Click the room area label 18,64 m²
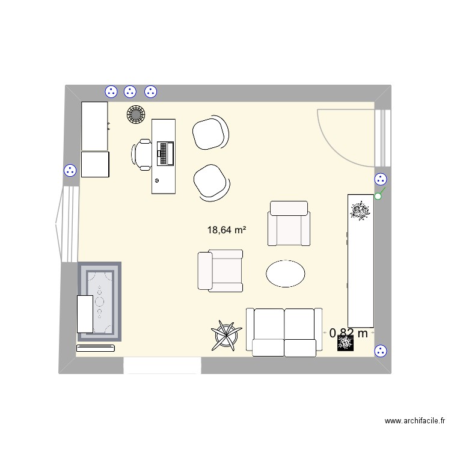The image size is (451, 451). [x=227, y=229]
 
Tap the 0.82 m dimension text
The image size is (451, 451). [x=349, y=333]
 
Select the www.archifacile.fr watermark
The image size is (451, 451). [x=415, y=422]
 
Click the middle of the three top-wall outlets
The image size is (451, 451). [x=130, y=92]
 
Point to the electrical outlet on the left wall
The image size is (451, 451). [x=70, y=170]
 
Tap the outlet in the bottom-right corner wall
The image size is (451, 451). [x=380, y=352]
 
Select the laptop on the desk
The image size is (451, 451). [x=165, y=153]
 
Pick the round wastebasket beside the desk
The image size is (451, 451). [x=137, y=114]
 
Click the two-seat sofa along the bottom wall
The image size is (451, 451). [x=284, y=332]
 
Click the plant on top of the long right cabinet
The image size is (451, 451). [x=360, y=210]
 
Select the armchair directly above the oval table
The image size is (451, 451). [x=289, y=224]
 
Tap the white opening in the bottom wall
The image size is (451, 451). [x=162, y=365]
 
